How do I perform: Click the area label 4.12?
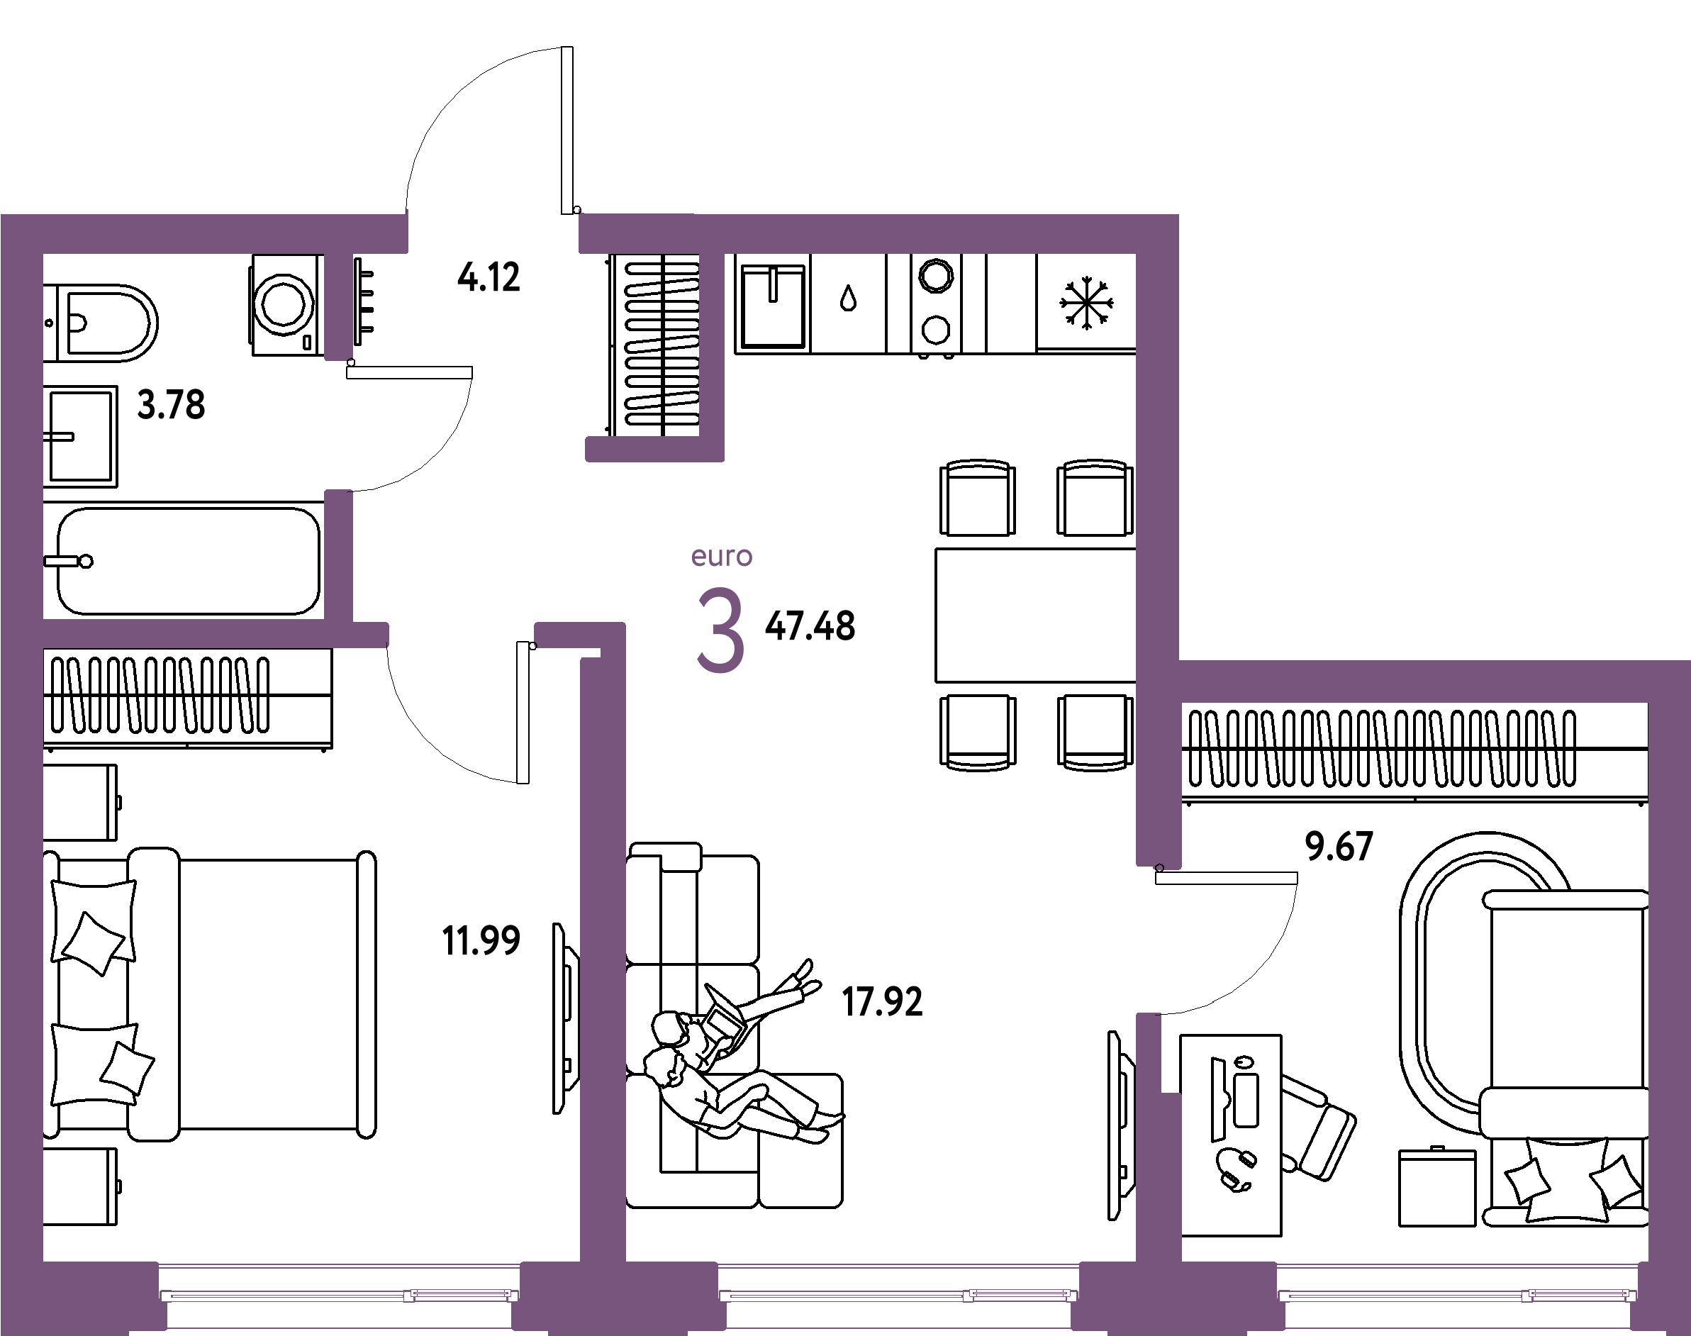click(x=489, y=278)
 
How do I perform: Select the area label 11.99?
click(x=481, y=940)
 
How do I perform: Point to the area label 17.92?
click(x=882, y=1002)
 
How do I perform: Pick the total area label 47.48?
click(x=810, y=625)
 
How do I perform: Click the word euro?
click(x=721, y=556)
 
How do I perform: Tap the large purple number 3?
click(x=720, y=631)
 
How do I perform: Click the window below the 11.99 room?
click(x=340, y=1295)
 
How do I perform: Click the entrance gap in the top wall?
click(x=493, y=233)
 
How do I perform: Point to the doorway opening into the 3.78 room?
click(x=339, y=425)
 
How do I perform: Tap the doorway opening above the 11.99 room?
click(x=461, y=635)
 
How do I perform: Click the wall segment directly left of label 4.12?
click(x=339, y=305)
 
